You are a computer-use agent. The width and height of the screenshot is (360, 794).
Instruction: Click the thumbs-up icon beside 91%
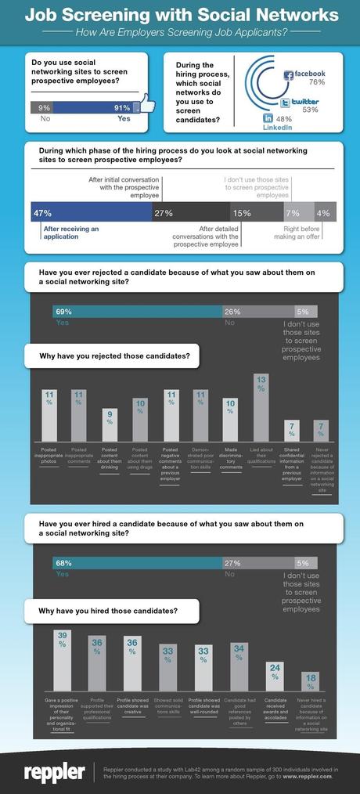click(x=143, y=107)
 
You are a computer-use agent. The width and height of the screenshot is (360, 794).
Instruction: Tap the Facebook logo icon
click(x=288, y=75)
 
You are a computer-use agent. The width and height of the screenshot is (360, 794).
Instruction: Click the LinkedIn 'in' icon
click(x=268, y=117)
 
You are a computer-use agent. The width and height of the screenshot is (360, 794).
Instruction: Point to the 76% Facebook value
click(x=316, y=83)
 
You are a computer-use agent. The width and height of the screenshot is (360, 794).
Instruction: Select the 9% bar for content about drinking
click(x=110, y=424)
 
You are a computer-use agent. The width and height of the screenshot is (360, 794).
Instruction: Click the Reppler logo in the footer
click(x=54, y=771)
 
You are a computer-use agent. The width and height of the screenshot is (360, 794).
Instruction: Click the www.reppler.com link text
click(x=307, y=776)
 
